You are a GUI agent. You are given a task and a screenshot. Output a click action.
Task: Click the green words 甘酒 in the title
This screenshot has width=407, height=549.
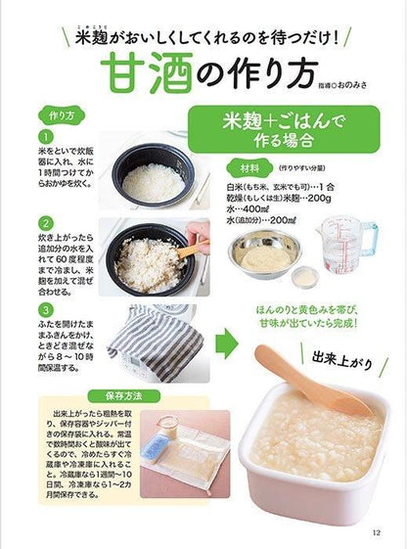point(148,72)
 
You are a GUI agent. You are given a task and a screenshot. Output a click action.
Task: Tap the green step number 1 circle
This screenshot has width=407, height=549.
point(46,137)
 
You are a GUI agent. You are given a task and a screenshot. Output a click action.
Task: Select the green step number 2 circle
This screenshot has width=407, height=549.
point(46,223)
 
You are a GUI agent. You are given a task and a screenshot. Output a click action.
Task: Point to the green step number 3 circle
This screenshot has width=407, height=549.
point(46,309)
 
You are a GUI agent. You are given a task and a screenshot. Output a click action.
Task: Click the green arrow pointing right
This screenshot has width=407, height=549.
point(227,343)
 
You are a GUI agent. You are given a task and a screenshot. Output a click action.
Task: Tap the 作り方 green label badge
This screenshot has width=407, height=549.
point(62,115)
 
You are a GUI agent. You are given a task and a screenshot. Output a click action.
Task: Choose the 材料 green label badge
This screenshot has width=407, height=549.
point(249,168)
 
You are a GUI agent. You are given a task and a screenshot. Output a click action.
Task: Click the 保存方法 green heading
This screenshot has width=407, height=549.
point(124,396)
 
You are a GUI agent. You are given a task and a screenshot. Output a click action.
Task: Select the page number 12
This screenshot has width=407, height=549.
point(377,532)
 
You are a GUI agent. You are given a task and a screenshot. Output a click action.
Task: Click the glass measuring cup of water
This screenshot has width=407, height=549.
point(347,244)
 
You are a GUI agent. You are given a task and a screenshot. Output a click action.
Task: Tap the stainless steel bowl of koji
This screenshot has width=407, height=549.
point(265,253)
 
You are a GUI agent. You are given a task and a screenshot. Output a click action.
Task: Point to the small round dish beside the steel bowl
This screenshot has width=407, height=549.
point(305,276)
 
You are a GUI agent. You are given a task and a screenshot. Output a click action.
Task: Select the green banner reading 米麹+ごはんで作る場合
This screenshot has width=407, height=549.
point(284,129)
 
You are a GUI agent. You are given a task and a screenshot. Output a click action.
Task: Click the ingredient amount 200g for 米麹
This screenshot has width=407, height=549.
point(320,199)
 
